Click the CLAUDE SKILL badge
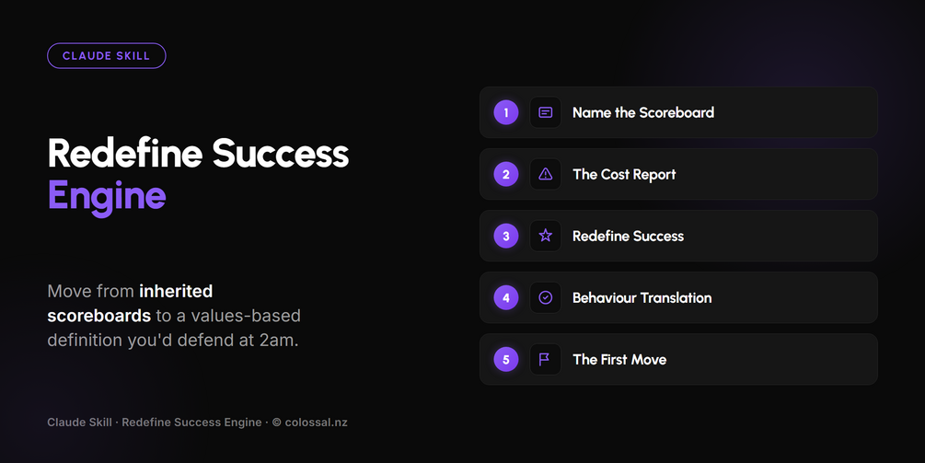[106, 56]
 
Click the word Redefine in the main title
[125, 154]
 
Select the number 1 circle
[506, 112]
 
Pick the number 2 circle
[506, 174]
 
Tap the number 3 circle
[506, 236]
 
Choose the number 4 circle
[506, 298]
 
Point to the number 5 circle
[506, 359]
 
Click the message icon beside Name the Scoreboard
[546, 112]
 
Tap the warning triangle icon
[546, 174]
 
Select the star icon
[546, 236]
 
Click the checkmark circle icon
[546, 298]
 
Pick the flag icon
[545, 359]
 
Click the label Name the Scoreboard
[643, 112]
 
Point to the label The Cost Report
[624, 175]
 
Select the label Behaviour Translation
[642, 298]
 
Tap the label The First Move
[619, 360]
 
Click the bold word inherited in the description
[176, 291]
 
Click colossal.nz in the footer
[317, 422]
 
